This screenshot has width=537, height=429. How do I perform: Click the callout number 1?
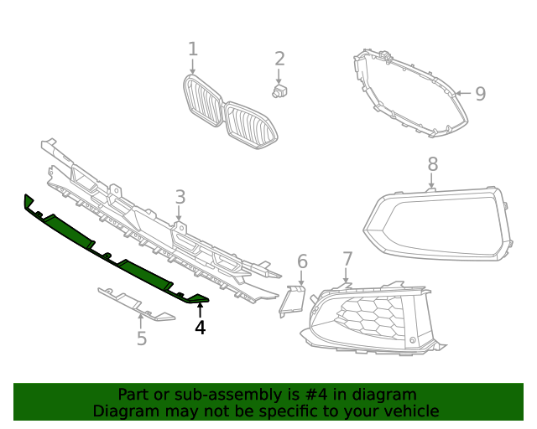[x=192, y=49]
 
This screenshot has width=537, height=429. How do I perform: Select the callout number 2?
[x=279, y=59]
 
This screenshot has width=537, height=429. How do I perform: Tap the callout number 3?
[x=180, y=197]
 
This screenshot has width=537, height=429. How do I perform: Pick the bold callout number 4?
[x=200, y=328]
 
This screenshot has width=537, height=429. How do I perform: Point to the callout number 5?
[x=142, y=339]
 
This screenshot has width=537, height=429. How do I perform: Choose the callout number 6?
[x=303, y=261]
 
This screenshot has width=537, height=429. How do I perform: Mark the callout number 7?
[x=347, y=259]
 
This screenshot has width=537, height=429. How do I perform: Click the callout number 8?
[x=432, y=164]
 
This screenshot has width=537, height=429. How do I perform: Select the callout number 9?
[x=480, y=93]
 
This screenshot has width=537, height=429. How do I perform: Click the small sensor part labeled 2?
[x=280, y=90]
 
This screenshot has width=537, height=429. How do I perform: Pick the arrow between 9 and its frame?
[x=463, y=94]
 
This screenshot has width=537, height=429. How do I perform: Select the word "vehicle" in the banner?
[x=410, y=411]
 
